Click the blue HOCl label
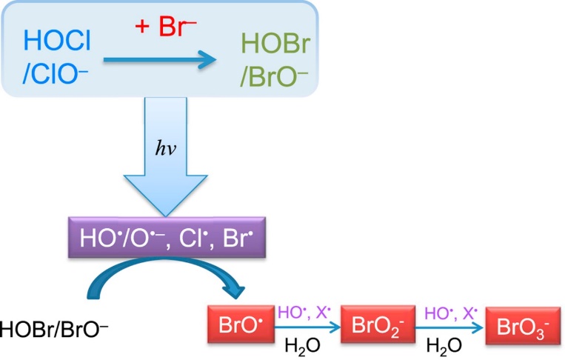pos(57,40)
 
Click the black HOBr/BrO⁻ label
pos(54,326)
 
